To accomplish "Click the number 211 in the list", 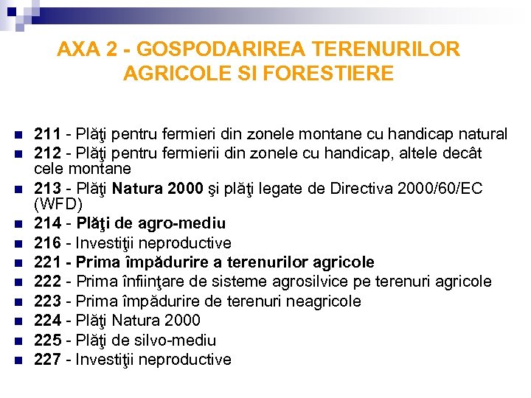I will click(48, 134).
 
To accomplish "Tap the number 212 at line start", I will click(48, 153).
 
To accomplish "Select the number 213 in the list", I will click(48, 189).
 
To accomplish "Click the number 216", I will click(48, 243).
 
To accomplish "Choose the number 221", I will click(48, 262).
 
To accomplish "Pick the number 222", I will click(48, 282).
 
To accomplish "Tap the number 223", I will click(48, 301).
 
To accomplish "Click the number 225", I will click(48, 340).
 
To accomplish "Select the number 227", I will click(48, 359).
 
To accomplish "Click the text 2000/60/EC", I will click(438, 189).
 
